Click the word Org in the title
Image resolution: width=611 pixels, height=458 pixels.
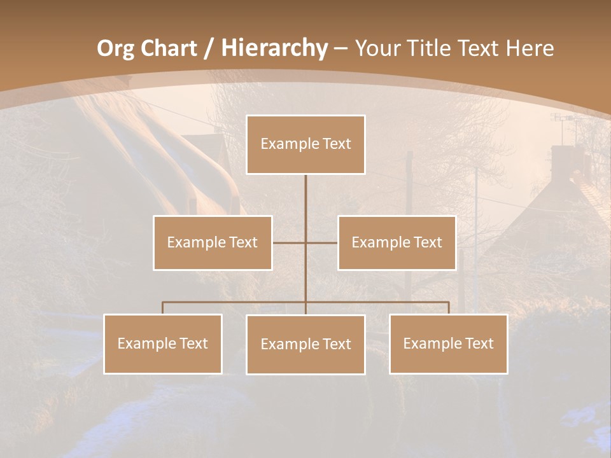(x=114, y=48)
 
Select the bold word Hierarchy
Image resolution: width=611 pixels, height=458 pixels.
(x=274, y=48)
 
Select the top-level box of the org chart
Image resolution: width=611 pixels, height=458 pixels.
(x=305, y=144)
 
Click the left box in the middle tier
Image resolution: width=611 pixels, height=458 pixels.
(x=213, y=242)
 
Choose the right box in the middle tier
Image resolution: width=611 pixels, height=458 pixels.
(x=397, y=242)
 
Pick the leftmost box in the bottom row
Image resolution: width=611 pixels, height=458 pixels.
(x=163, y=344)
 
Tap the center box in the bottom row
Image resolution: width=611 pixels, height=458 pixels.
(x=305, y=345)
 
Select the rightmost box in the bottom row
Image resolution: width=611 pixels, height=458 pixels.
(x=449, y=344)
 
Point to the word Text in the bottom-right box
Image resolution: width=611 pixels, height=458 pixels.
(x=479, y=343)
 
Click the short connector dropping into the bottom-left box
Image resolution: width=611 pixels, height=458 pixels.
(x=163, y=308)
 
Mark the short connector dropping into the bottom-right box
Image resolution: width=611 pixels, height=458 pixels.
(x=449, y=308)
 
